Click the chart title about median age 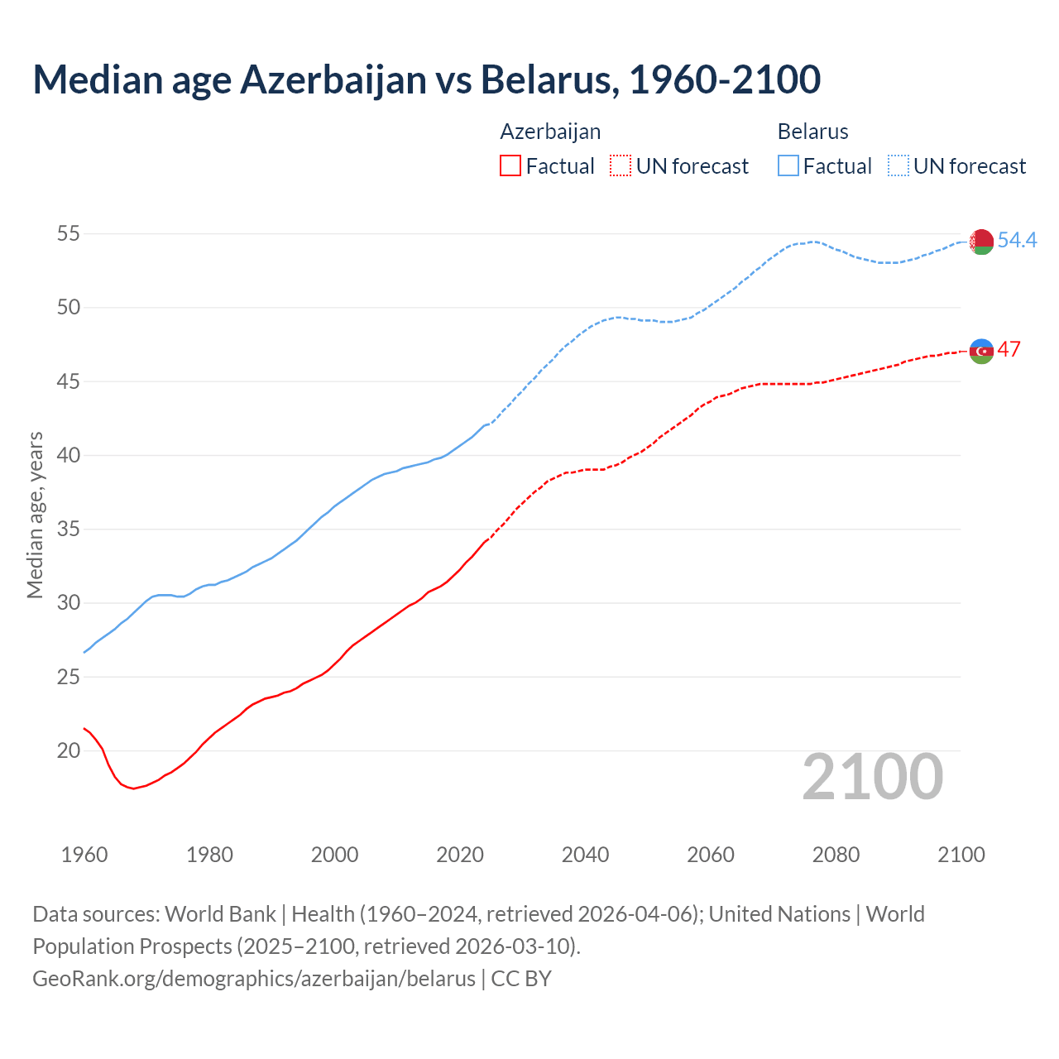coord(426,79)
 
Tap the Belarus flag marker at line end coord(981,242)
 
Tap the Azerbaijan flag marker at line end coord(981,351)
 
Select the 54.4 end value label coord(1017,240)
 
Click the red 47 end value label coord(1009,349)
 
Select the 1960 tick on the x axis coord(84,855)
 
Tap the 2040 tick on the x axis coord(585,855)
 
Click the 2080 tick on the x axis coord(836,855)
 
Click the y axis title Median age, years coord(35,515)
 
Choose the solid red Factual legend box coord(510,166)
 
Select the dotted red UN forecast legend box coord(621,166)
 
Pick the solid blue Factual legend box coord(788,166)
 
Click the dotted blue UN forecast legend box coord(898,166)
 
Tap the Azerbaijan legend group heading coord(550,132)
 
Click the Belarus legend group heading coord(812,132)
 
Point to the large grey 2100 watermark coord(872,777)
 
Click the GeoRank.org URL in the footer coord(254,978)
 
